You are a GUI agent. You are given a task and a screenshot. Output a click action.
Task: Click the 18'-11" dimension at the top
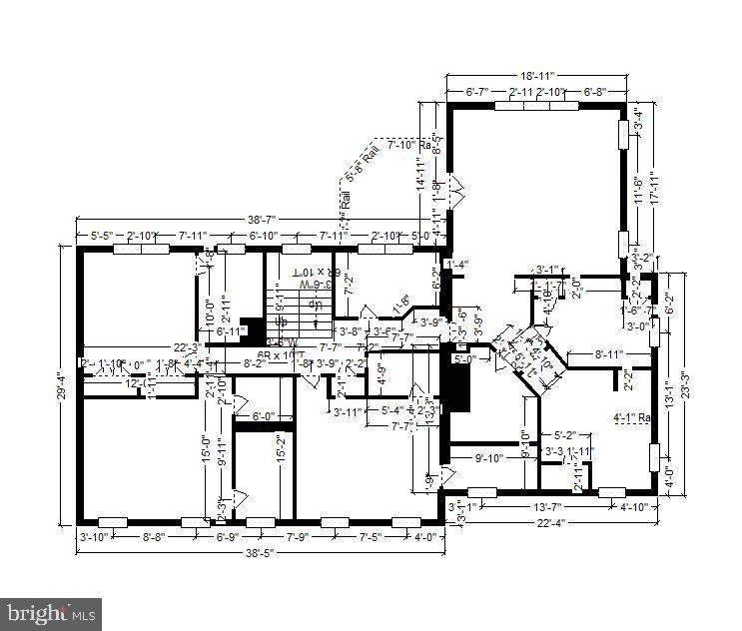(x=536, y=76)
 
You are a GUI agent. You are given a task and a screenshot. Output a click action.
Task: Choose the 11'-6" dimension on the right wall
(x=637, y=188)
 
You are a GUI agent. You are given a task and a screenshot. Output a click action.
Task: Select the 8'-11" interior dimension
(x=609, y=354)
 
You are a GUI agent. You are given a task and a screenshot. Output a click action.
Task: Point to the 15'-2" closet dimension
(x=283, y=447)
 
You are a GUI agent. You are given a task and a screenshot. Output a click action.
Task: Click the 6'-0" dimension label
(x=263, y=416)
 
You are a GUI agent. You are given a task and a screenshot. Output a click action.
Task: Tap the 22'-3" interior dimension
(x=188, y=347)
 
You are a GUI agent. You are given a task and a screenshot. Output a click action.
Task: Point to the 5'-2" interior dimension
(x=565, y=435)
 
